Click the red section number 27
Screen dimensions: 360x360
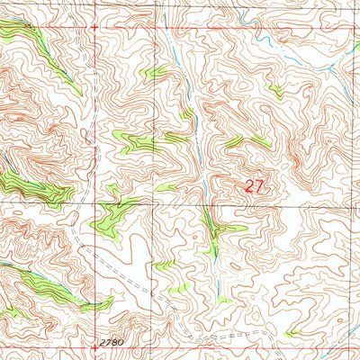point(255,186)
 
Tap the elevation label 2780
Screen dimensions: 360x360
point(111,342)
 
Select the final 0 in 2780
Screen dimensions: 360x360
point(120,342)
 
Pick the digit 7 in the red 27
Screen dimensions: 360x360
point(260,186)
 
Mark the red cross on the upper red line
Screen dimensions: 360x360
point(94,28)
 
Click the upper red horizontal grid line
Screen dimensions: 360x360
point(225,28)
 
